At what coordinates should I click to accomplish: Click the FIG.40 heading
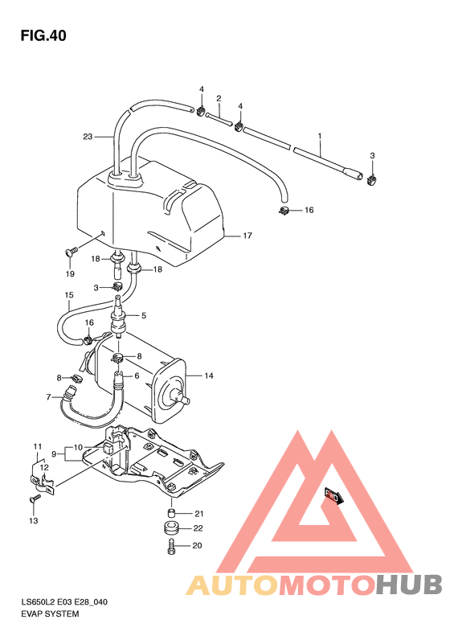(x=43, y=35)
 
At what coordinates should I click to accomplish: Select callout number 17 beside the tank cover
(x=247, y=236)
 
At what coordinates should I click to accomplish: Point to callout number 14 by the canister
(x=209, y=375)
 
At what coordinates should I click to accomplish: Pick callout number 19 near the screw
(x=70, y=273)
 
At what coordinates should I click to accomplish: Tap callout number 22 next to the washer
(x=199, y=528)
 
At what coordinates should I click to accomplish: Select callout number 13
(x=34, y=521)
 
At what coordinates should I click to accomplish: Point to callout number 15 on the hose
(x=69, y=295)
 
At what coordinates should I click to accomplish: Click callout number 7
(x=49, y=396)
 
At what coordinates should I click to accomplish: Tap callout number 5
(x=145, y=314)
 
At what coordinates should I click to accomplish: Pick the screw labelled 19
(x=70, y=252)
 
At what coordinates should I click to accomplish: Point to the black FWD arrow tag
(x=333, y=495)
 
